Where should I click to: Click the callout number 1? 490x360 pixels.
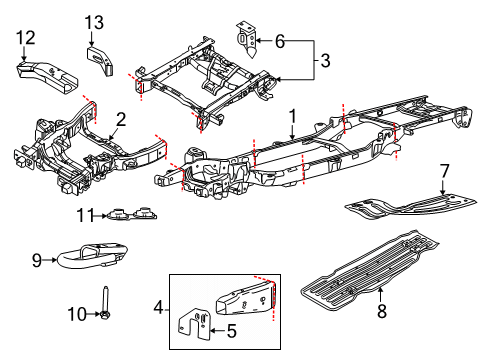(291, 116)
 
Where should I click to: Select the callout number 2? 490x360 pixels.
(120, 119)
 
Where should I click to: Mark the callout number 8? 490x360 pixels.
(380, 292)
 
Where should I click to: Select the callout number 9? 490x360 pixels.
(37, 262)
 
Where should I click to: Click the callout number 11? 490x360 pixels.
(87, 213)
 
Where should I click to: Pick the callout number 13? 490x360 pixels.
(93, 22)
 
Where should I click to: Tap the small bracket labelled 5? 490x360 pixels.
(194, 326)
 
